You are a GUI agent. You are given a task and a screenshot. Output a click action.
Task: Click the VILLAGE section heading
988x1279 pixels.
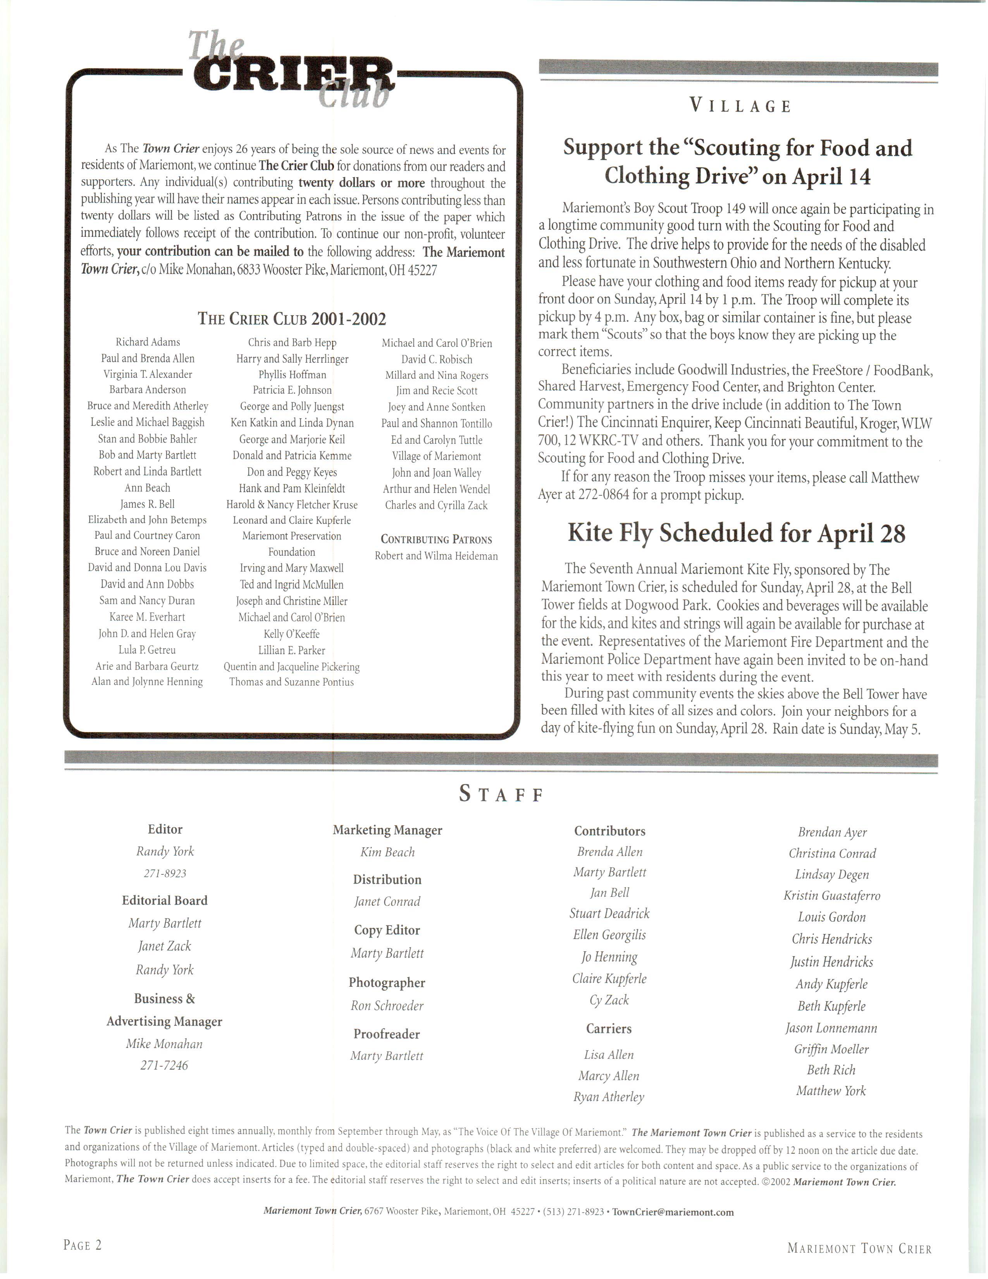740,106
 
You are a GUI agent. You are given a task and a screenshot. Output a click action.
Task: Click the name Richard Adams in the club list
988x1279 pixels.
148,342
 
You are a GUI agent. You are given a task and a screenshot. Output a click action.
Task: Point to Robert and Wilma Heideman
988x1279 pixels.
436,556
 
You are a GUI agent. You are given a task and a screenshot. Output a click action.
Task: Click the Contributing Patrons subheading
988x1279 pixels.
436,540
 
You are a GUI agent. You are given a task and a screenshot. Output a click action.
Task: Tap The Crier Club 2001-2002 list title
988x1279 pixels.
291,319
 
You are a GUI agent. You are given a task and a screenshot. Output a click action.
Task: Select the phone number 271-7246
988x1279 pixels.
164,1065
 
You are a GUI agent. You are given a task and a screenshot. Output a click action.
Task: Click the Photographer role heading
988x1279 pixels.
387,983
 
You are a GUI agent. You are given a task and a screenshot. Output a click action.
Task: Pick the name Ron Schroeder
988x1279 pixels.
387,1005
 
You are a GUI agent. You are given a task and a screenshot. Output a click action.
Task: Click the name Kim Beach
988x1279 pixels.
387,852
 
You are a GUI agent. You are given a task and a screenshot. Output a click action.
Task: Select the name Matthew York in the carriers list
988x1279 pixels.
831,1090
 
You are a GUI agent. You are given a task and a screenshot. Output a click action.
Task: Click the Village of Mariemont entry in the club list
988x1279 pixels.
436,456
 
